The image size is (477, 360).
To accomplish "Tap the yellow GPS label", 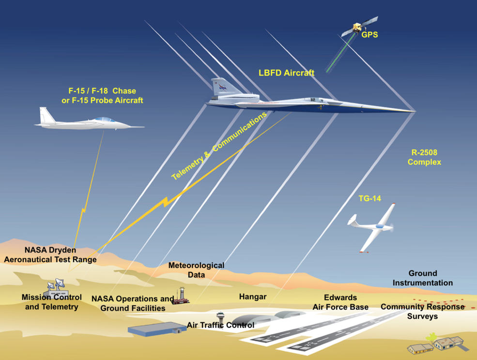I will point(369,35).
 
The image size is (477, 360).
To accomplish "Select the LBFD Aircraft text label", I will point(286,73).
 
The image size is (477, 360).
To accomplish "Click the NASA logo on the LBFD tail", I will point(222,87).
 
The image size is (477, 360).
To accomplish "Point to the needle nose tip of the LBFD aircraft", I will point(414,110).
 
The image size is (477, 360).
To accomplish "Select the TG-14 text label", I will point(369,198).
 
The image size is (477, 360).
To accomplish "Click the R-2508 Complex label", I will point(424,157).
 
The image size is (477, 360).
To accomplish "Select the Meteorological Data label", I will point(196,270).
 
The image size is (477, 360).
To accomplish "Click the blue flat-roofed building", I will point(156,329).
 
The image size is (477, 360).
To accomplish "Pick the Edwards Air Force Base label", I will point(340,302).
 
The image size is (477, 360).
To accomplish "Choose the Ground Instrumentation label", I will point(423,278).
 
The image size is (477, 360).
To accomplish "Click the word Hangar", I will point(253,297).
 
